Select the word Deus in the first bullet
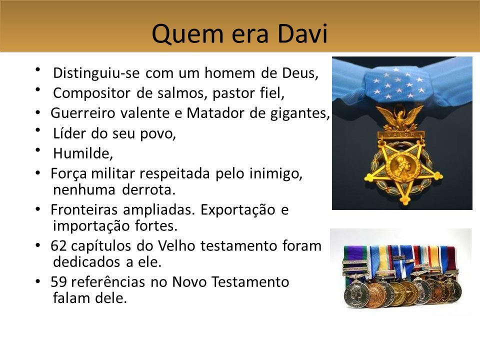click(300, 73)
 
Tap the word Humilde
click(83, 153)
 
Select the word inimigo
click(276, 173)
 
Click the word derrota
click(149, 190)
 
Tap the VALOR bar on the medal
click(400, 134)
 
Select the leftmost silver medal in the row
click(356, 295)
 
